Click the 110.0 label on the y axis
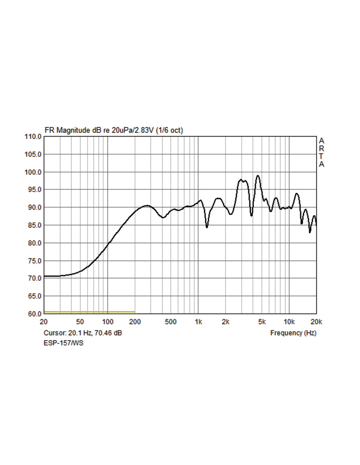(33, 137)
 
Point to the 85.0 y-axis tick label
(33, 225)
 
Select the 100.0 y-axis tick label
(33, 172)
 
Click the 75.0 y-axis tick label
(33, 261)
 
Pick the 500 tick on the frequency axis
(171, 322)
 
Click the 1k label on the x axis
(198, 322)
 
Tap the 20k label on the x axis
(316, 322)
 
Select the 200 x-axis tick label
(135, 322)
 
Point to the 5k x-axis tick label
(262, 322)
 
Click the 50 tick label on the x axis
(80, 322)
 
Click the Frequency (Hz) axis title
(293, 333)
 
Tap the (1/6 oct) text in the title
(169, 130)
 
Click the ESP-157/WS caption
(63, 343)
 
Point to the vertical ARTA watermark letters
(321, 152)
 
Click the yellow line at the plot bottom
(89, 312)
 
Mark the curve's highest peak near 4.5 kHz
(258, 176)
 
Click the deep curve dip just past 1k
(207, 227)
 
